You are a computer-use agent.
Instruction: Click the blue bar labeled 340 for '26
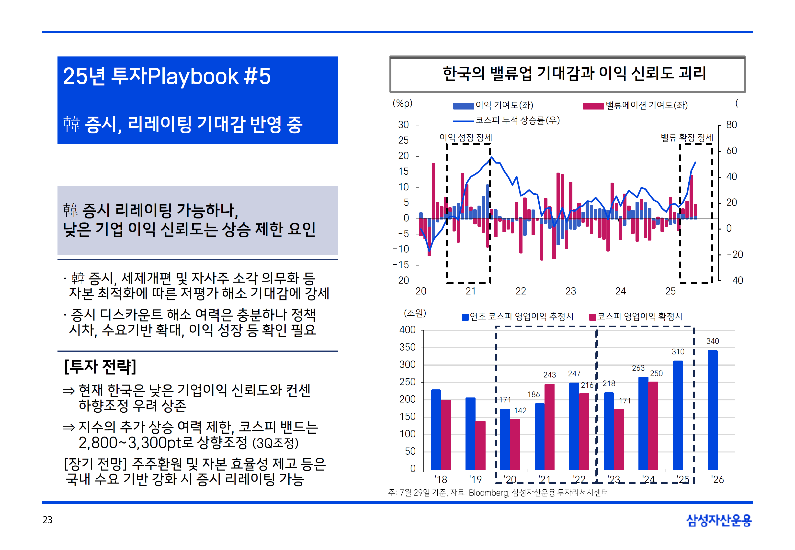point(712,410)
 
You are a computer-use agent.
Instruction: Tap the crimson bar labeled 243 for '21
point(549,427)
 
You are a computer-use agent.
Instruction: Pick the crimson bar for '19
point(480,445)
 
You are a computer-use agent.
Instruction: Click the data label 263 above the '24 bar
point(638,368)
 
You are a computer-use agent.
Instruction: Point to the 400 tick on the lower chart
point(408,330)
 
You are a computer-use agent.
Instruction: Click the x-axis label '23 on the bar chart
point(614,479)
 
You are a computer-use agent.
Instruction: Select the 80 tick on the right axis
point(731,125)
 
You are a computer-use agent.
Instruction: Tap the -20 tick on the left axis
point(401,280)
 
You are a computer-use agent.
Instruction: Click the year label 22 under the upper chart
point(521,291)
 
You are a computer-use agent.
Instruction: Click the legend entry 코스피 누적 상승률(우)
point(517,120)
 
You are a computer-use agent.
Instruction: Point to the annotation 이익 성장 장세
point(466,137)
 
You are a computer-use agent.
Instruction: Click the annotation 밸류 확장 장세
point(687,137)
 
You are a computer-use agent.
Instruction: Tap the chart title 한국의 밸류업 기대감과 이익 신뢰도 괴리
point(574,74)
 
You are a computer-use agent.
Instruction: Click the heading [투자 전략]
point(100,366)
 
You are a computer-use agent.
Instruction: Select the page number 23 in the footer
point(47,520)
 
